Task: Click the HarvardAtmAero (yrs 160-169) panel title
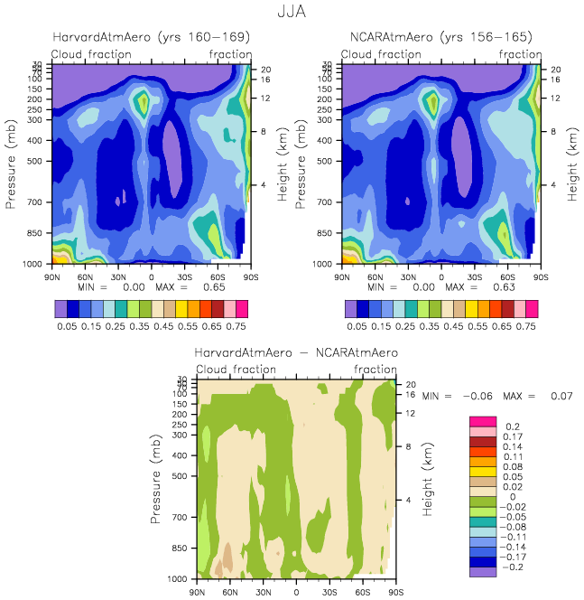coord(151,38)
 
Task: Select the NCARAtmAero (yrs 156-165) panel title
coord(440,38)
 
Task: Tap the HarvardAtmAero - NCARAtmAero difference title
coord(296,352)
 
